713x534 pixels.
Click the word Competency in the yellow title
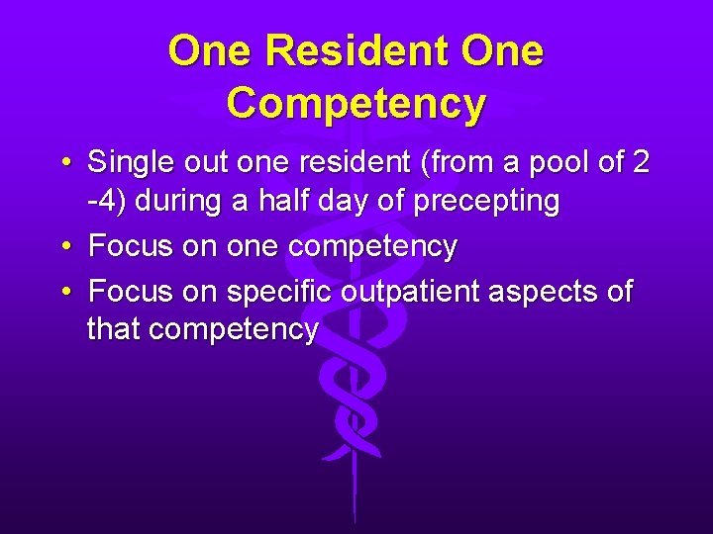(356, 102)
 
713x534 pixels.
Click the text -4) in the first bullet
(106, 202)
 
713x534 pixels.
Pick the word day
(352, 203)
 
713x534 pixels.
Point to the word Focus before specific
(131, 293)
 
